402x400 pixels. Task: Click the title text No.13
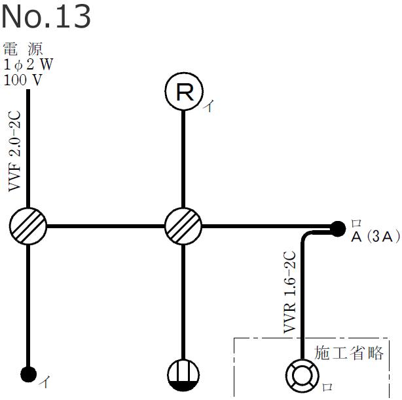(46, 18)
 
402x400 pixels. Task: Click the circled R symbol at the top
(185, 92)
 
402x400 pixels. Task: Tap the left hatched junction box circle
(28, 226)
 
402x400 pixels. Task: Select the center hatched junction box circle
(183, 226)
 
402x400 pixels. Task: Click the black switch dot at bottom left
(28, 374)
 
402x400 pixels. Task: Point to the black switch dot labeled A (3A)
(337, 228)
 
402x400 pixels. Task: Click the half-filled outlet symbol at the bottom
(183, 376)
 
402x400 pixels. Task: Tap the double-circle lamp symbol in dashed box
(301, 376)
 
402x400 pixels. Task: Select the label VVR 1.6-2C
(290, 292)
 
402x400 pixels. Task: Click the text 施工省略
(349, 352)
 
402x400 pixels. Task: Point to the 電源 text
(24, 49)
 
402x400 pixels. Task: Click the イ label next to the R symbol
(208, 108)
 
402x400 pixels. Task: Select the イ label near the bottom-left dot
(45, 380)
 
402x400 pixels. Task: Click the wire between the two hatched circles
(105, 226)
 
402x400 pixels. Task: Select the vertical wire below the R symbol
(185, 157)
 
